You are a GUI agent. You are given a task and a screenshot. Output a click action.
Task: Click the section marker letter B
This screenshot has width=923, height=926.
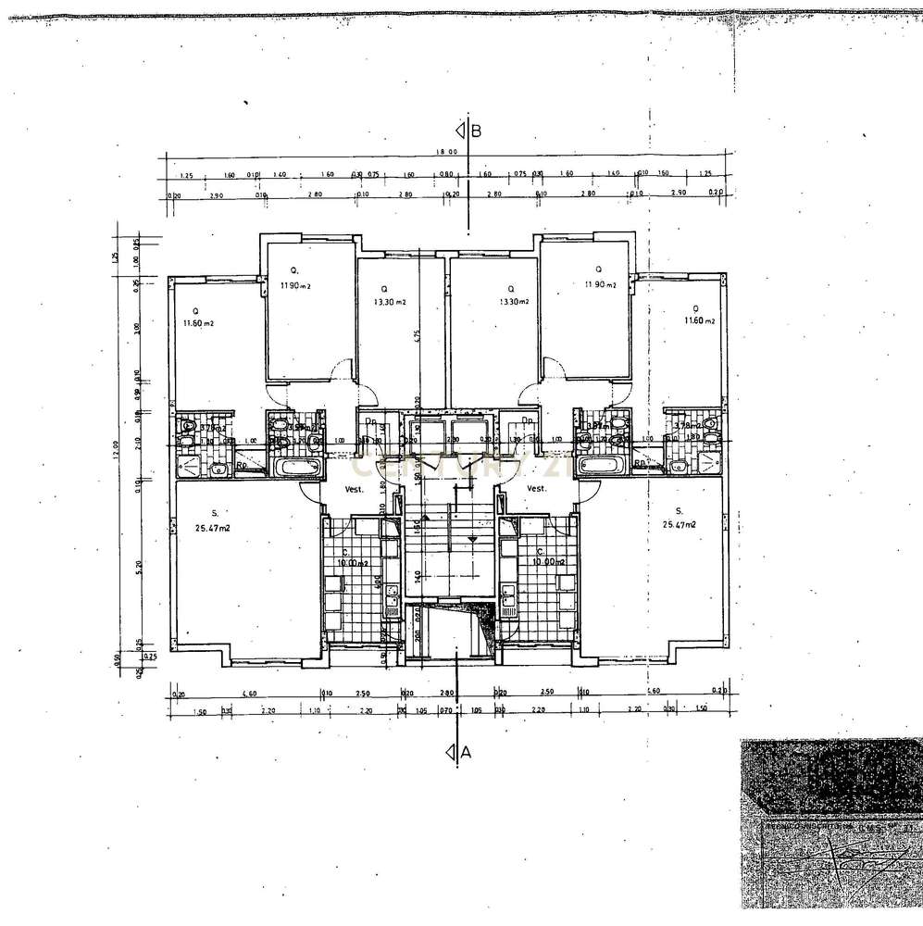[x=476, y=131]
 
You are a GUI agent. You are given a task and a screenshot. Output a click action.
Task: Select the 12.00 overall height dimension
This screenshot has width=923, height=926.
[x=116, y=449]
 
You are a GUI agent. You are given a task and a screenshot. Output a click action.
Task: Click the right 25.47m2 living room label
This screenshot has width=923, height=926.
[x=679, y=524]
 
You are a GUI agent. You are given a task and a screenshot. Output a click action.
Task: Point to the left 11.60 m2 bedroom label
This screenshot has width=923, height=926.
[x=198, y=322]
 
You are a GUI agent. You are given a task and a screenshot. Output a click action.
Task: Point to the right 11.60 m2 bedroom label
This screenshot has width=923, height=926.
[x=700, y=320]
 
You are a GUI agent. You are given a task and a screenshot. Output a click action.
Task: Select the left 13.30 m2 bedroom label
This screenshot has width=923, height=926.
[x=390, y=302]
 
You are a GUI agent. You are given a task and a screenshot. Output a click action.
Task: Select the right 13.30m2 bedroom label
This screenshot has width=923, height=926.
[x=514, y=302]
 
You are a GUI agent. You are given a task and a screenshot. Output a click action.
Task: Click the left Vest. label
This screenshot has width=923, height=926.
[x=355, y=489]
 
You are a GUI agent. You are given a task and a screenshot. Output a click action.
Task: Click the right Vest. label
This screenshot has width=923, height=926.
[x=536, y=489]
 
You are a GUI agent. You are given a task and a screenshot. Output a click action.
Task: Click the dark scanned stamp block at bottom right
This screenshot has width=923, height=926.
[x=831, y=824]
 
